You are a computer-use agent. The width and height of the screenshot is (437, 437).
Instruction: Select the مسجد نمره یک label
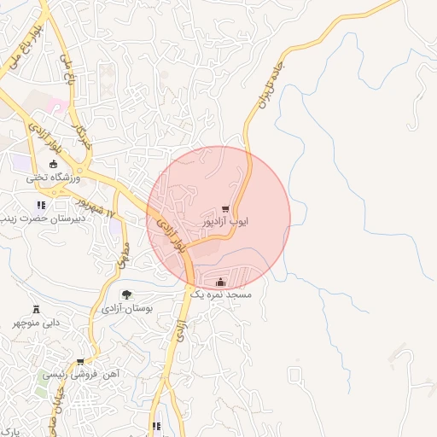221,294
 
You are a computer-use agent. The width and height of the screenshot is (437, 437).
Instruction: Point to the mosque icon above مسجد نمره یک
221,283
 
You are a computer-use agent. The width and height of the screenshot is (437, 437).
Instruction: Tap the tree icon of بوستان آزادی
126,294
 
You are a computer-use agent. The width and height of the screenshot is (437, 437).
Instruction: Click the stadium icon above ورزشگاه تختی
54,165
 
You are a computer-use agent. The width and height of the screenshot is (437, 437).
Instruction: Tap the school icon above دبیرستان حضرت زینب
40,205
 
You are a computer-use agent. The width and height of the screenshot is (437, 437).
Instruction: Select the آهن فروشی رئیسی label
80,375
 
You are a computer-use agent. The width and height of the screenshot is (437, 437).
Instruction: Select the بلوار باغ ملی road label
25,47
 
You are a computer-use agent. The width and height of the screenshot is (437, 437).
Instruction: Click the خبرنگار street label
81,137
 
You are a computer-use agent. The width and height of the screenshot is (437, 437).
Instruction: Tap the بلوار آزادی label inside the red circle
169,234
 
